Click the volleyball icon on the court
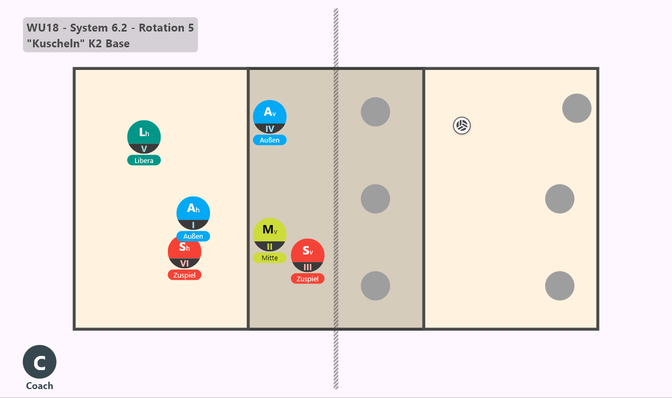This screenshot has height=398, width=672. point(461,126)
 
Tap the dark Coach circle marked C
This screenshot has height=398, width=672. point(39,362)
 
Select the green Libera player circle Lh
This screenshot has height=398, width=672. point(144,137)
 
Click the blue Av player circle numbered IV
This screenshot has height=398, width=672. point(270,117)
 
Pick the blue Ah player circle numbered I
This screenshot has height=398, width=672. point(193,213)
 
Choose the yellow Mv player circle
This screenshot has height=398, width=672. point(270,234)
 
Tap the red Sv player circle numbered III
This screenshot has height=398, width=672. point(308,256)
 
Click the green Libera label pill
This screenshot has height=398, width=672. point(144,160)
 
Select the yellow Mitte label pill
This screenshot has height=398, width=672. point(270,258)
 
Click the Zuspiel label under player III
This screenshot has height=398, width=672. point(308,279)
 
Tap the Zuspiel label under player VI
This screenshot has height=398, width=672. point(184,275)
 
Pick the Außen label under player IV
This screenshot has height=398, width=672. point(270,140)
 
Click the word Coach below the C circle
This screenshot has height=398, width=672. point(39,386)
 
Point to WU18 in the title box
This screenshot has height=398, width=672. point(43,28)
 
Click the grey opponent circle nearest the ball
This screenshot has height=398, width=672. point(375,112)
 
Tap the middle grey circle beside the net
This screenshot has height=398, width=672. point(375,199)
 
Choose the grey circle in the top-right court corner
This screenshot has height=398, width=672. point(577,108)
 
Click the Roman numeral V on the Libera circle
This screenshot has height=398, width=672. point(144,149)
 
